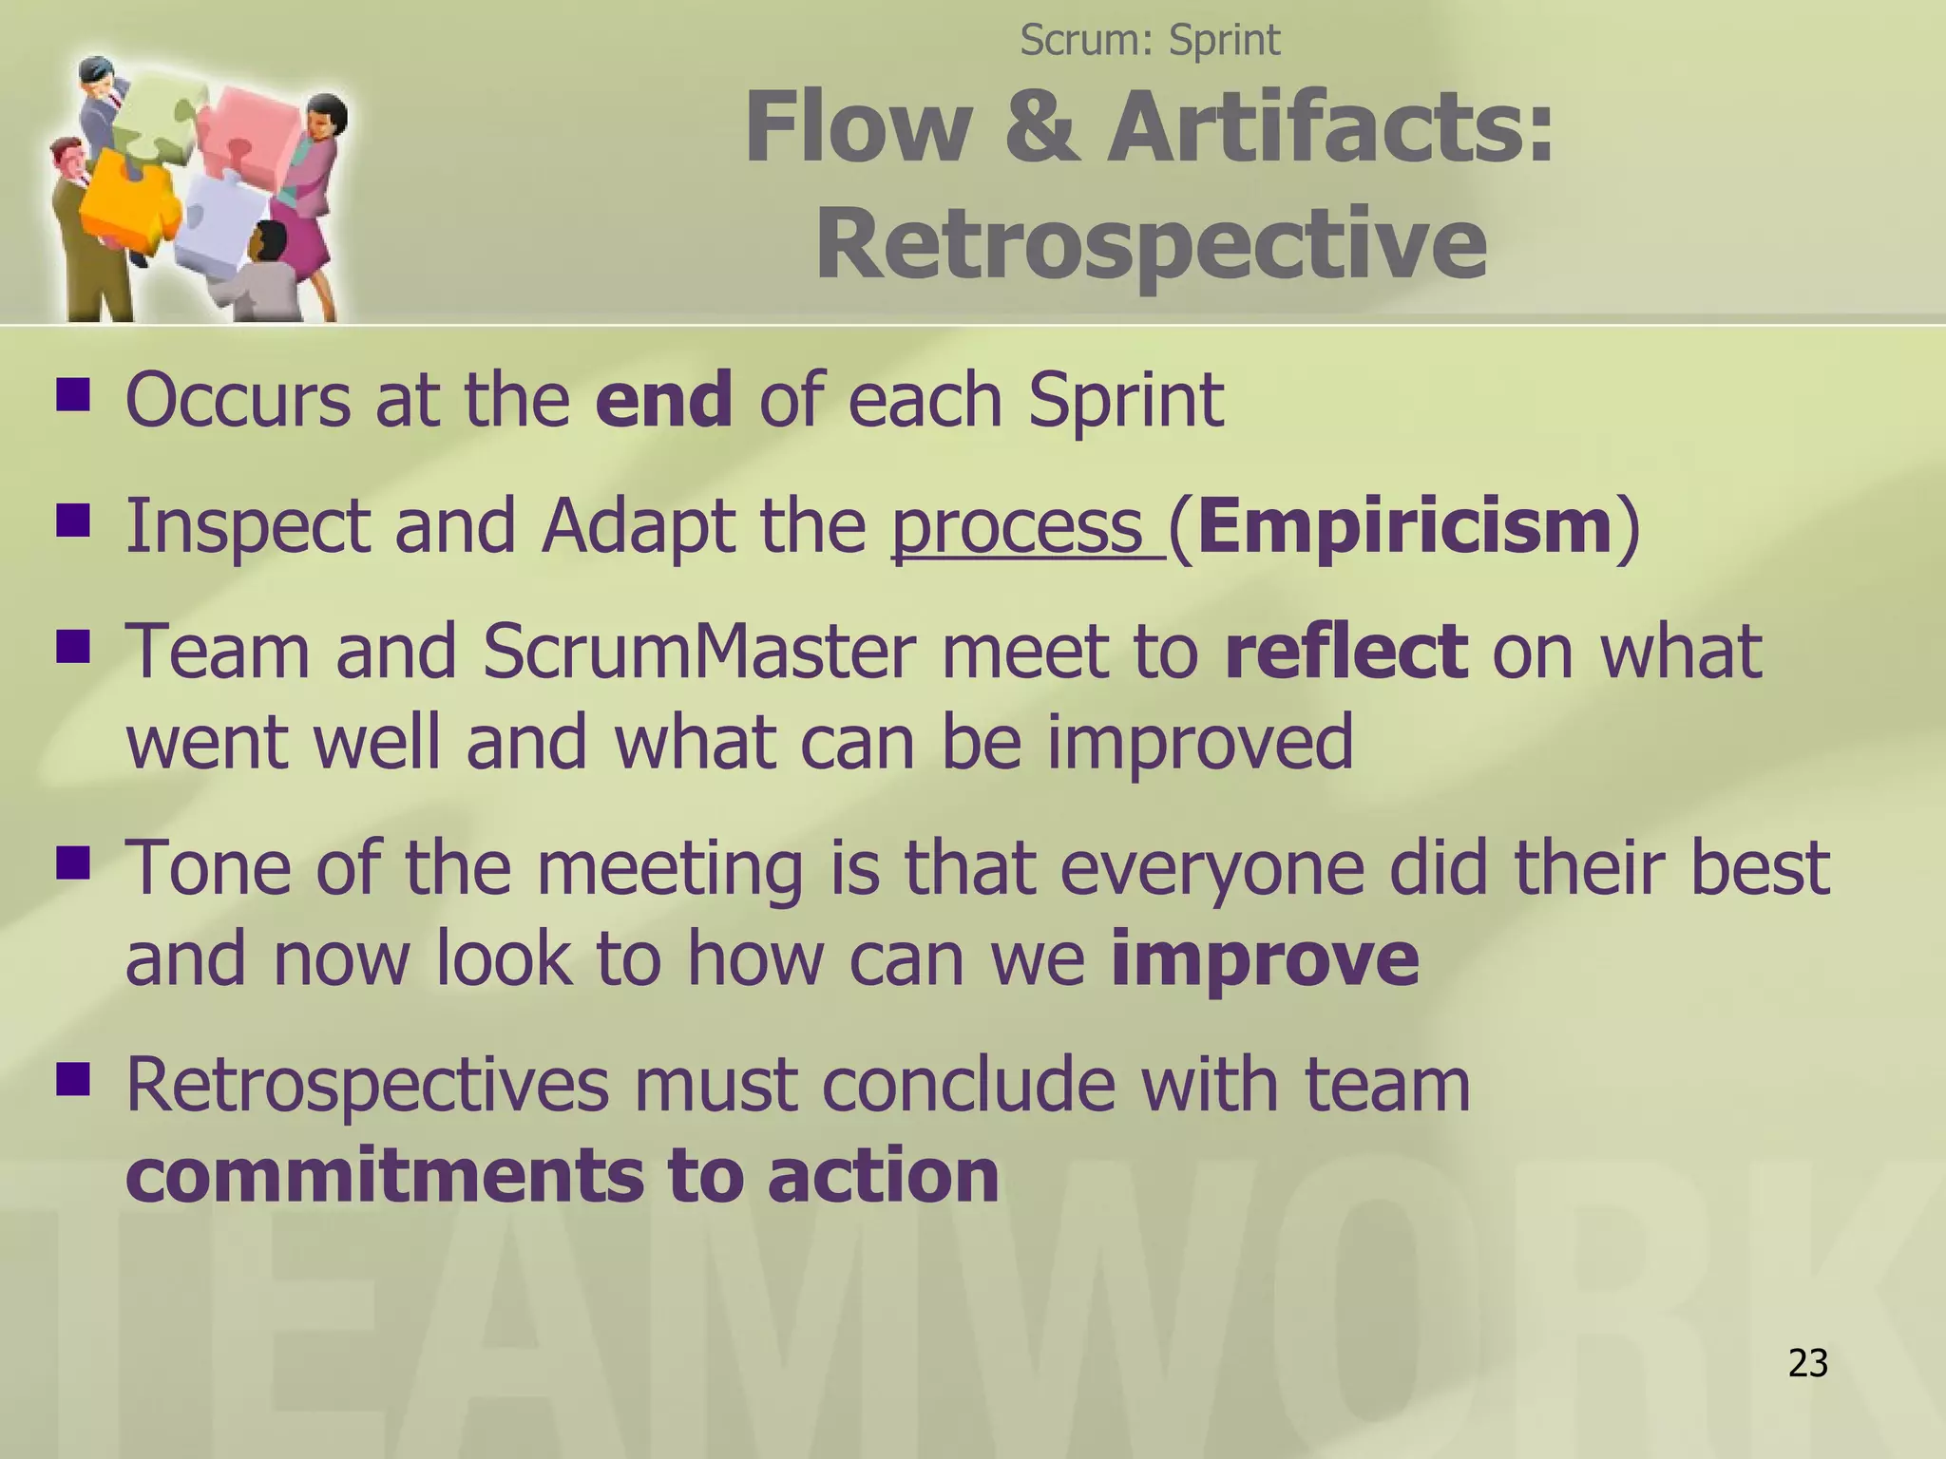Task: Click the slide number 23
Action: [x=1807, y=1363]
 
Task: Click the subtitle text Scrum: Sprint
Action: [x=1150, y=40]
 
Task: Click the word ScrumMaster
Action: [x=699, y=652]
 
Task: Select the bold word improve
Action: [x=1264, y=958]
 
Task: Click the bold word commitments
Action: [x=384, y=1175]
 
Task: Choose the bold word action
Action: [x=883, y=1175]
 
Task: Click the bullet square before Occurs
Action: [x=72, y=394]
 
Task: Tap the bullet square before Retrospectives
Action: [x=72, y=1079]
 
